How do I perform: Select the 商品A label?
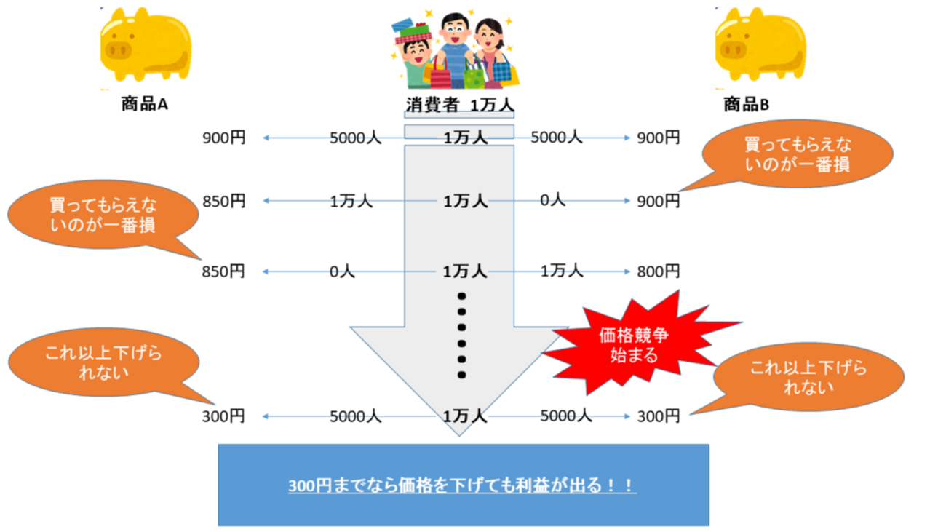coord(145,104)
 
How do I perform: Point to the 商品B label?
coord(746,104)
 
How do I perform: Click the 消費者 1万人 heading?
coord(459,104)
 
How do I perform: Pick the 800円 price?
coord(658,271)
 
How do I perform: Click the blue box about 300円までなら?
coord(463,485)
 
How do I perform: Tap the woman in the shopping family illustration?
coord(492,51)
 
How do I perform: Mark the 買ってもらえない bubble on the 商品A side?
coord(103,215)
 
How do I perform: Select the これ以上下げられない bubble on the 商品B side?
coord(808,378)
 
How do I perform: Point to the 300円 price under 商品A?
coord(224,416)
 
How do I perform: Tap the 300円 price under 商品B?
coord(658,416)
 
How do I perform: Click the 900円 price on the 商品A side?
coord(224,137)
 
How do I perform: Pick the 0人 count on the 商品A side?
coord(341,271)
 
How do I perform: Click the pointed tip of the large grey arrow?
coord(459,434)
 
